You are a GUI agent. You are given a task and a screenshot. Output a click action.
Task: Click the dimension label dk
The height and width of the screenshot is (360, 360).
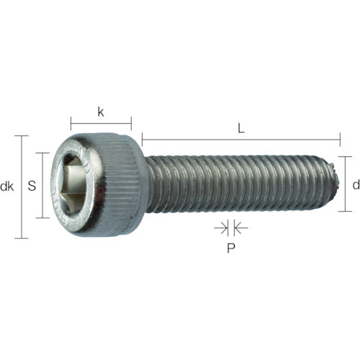[8, 186]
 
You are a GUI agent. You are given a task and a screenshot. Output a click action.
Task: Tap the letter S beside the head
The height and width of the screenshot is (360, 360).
[31, 186]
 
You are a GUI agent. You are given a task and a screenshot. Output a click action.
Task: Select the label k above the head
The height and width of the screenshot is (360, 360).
[100, 112]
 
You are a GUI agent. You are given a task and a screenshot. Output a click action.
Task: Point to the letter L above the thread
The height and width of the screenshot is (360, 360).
[241, 128]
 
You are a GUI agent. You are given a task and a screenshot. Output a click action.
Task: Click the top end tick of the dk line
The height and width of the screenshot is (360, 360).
[24, 135]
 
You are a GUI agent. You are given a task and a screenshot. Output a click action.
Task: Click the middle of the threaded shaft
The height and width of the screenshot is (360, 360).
[238, 184]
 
